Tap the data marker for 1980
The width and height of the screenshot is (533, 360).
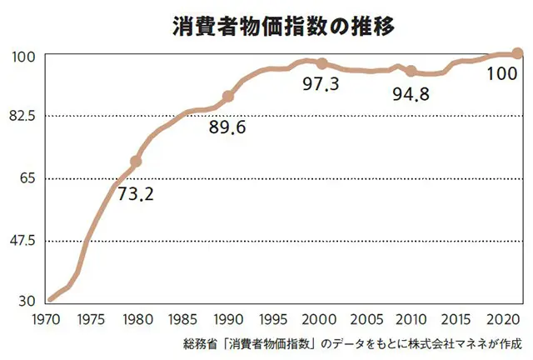click(x=137, y=161)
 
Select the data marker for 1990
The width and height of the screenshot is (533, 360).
click(x=228, y=97)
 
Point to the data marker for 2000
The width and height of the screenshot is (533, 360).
click(x=322, y=64)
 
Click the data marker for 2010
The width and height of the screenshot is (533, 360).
click(x=411, y=72)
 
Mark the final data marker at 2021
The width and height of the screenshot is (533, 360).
click(x=516, y=53)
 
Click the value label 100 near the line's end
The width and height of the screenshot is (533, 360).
click(x=501, y=73)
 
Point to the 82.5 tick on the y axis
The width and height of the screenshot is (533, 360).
click(x=22, y=116)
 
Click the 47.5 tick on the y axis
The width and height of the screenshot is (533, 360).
click(x=22, y=241)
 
